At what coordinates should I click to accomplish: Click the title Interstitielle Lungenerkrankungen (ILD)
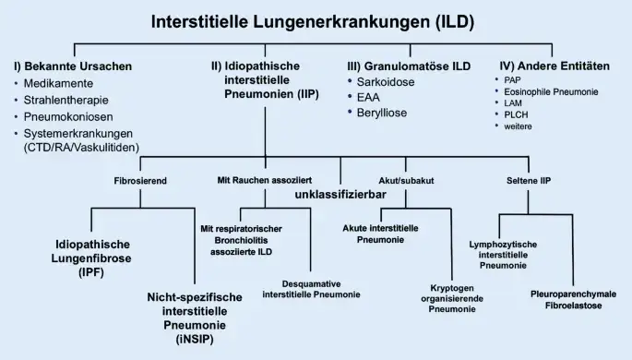click(316, 22)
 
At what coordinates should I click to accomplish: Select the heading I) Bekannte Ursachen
click(73, 66)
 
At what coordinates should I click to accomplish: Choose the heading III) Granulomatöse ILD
click(408, 66)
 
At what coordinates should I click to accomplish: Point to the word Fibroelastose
click(573, 306)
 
